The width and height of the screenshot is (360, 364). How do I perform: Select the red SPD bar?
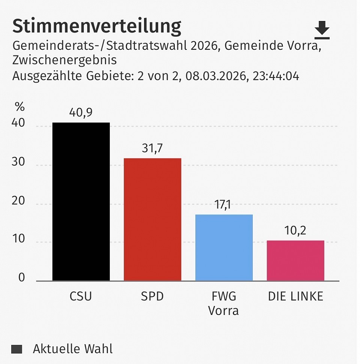153,219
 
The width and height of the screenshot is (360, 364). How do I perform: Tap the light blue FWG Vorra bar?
224,248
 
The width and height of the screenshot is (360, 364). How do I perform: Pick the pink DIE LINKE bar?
295,261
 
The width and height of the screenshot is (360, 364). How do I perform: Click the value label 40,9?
81,113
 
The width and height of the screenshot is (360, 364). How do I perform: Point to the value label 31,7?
153,149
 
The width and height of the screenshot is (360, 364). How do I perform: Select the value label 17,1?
224,205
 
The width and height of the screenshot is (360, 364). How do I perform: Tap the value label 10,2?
295,231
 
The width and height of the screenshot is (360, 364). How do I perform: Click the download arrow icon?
322,30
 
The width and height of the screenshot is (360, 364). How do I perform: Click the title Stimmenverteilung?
97,27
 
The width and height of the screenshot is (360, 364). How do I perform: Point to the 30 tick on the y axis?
18,163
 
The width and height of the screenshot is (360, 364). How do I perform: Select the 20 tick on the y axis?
18,201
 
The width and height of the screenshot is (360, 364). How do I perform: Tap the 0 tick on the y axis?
21,277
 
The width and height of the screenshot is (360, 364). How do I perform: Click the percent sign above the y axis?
19,107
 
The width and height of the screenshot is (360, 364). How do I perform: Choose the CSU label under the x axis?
81,297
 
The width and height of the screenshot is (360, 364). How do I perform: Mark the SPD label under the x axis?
153,297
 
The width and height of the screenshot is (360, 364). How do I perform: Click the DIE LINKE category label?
295,297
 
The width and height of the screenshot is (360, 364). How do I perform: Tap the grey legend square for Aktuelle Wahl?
16,349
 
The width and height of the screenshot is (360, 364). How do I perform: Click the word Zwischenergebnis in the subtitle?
64,60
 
